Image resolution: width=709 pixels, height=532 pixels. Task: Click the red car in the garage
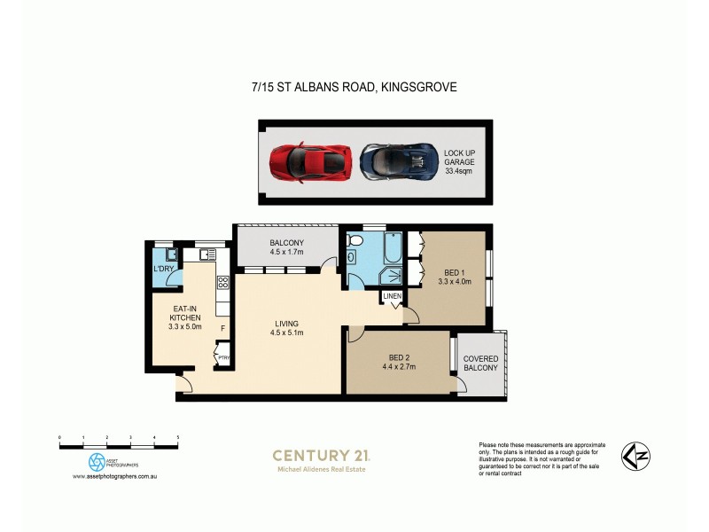(312, 160)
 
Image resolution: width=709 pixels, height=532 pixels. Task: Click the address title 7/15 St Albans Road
(354, 87)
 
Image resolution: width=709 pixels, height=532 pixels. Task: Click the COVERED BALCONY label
(480, 363)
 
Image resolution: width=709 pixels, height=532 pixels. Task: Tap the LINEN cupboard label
(393, 295)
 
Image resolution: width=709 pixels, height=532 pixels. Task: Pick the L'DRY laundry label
(163, 269)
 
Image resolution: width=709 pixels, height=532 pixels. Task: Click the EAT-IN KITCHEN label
(186, 317)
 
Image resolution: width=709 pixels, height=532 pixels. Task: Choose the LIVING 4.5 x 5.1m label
(286, 328)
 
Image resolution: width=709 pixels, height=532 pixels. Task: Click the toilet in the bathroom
(353, 258)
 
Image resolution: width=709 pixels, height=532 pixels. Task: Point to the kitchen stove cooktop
(222, 283)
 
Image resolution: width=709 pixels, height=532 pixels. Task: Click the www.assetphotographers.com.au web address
(115, 477)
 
